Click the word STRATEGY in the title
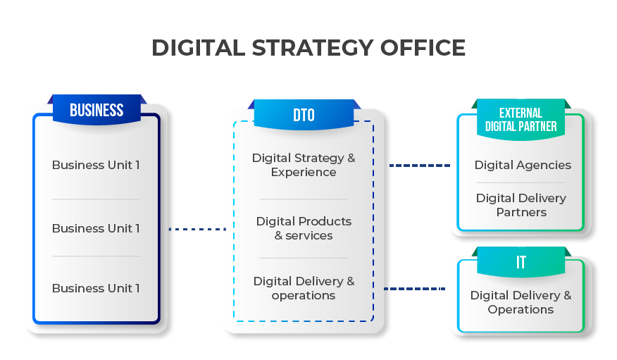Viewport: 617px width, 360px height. click(313, 48)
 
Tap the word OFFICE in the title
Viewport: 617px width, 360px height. click(423, 48)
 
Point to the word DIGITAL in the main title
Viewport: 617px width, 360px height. click(199, 48)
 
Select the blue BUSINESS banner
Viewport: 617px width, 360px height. click(96, 109)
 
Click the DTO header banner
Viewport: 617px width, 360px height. click(304, 115)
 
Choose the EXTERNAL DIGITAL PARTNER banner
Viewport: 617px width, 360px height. click(521, 120)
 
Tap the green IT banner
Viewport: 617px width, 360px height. click(521, 261)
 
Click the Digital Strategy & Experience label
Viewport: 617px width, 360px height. click(304, 165)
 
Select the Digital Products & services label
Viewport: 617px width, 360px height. click(304, 228)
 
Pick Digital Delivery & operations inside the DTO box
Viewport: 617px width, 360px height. click(304, 288)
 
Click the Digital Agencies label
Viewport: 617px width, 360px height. click(523, 166)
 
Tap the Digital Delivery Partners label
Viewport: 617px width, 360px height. click(521, 205)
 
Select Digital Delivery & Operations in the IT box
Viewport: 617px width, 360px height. click(521, 302)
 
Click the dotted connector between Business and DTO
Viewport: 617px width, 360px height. click(197, 229)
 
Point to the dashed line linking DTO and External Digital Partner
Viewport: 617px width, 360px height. click(420, 166)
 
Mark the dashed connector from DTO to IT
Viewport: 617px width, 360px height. click(414, 289)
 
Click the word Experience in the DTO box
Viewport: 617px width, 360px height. click(304, 173)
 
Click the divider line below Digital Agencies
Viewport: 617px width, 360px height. click(521, 182)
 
